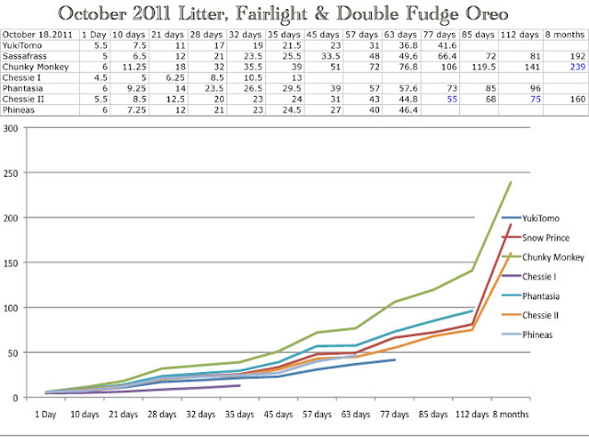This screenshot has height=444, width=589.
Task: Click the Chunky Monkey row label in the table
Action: tap(35, 67)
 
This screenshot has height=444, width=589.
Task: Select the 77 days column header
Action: tap(439, 35)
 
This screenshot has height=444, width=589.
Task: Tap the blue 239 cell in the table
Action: tap(577, 67)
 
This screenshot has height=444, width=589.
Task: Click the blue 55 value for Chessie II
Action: tap(452, 99)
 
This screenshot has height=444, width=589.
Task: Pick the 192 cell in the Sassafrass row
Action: tap(577, 56)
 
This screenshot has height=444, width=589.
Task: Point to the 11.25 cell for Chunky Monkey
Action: tap(134, 67)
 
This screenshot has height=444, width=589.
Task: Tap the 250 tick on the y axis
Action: tap(10, 173)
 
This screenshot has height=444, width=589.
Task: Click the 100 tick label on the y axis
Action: tap(10, 309)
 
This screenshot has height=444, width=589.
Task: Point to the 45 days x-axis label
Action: tap(278, 415)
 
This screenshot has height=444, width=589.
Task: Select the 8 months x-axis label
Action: tap(511, 415)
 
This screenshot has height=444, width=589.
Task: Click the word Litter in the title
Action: tap(203, 14)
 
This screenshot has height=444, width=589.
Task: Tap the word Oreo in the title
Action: tap(487, 14)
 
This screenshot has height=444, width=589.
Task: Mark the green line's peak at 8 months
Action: tap(511, 182)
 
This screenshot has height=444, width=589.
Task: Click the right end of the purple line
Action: tap(239, 385)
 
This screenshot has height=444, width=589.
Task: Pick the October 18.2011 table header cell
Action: tap(37, 35)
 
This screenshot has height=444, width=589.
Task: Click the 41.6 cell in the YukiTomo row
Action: tap(447, 46)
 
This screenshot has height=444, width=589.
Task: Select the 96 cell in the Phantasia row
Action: tap(536, 88)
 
